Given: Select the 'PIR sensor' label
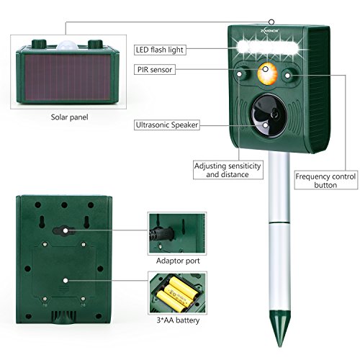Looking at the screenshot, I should pyautogui.click(x=154, y=69).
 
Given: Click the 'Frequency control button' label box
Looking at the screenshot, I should pyautogui.click(x=316, y=179).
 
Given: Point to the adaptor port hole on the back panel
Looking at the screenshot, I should pyautogui.click(x=66, y=231).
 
